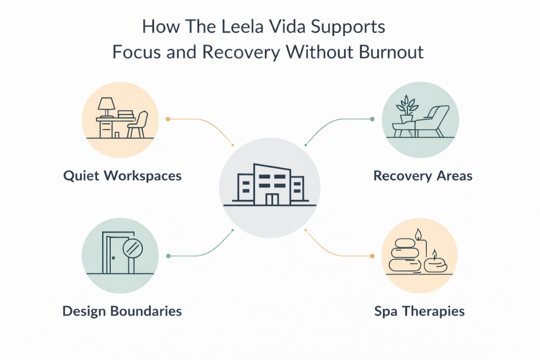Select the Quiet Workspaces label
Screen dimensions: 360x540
coord(122,176)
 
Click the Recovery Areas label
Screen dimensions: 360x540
coord(423,176)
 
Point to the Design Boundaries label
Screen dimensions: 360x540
coord(122,311)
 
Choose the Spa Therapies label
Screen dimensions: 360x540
coord(420,311)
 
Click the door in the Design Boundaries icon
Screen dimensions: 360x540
coord(112,253)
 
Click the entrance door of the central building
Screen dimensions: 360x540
coord(272,199)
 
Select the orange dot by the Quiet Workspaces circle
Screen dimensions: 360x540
coord(168,119)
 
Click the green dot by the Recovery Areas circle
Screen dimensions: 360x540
coord(372,119)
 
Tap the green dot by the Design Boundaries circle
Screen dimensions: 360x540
coord(168,256)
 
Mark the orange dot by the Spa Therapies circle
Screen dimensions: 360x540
coord(372,256)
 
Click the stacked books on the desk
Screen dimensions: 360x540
coord(126,114)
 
